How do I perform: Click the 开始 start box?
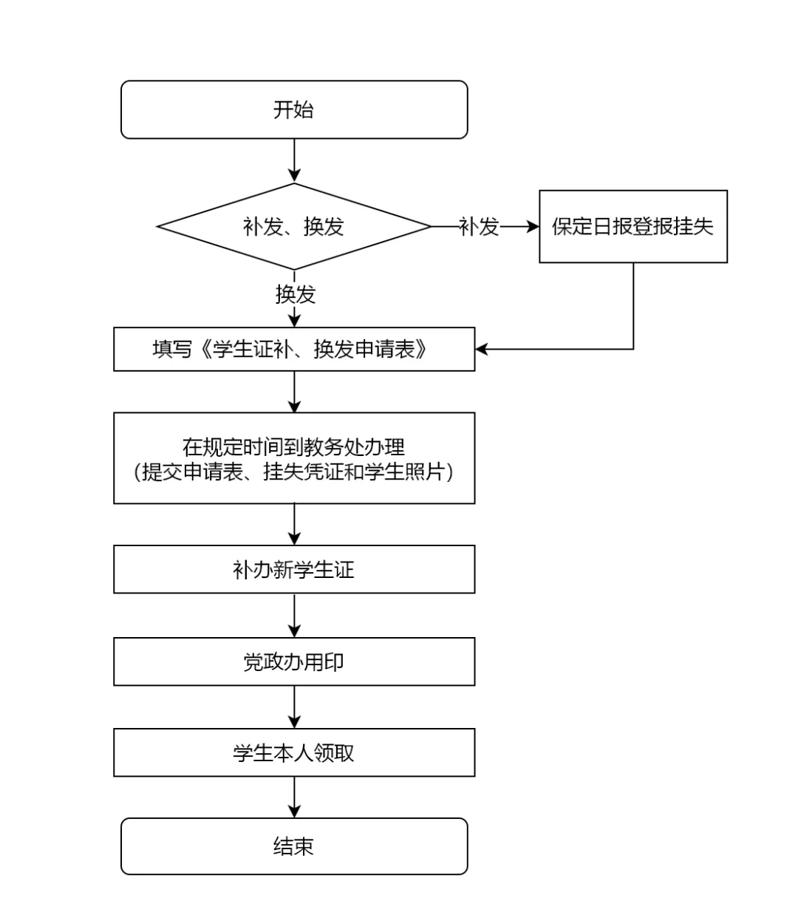click(x=294, y=109)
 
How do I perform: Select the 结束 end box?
click(x=294, y=846)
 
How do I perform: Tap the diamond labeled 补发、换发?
click(x=294, y=226)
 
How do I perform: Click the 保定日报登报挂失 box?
click(x=633, y=226)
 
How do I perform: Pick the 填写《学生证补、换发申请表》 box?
click(x=294, y=349)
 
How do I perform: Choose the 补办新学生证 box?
click(x=294, y=569)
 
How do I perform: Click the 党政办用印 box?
click(x=294, y=661)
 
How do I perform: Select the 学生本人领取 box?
click(x=294, y=752)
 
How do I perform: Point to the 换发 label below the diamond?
click(x=296, y=294)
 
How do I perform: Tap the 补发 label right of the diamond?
click(x=479, y=226)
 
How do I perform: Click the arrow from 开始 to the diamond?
click(x=294, y=160)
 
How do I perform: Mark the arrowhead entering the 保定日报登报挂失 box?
click(x=533, y=226)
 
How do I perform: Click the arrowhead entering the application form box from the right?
click(x=482, y=349)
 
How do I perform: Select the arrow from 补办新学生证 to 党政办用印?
click(x=294, y=616)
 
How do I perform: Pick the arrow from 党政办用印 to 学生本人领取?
click(x=294, y=707)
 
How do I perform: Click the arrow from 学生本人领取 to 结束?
click(x=294, y=797)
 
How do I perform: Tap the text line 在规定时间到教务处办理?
click(x=293, y=447)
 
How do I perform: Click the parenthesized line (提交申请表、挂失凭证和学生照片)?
click(x=293, y=472)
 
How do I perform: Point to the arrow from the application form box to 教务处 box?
click(x=294, y=392)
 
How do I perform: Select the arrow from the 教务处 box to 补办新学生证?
click(x=294, y=524)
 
